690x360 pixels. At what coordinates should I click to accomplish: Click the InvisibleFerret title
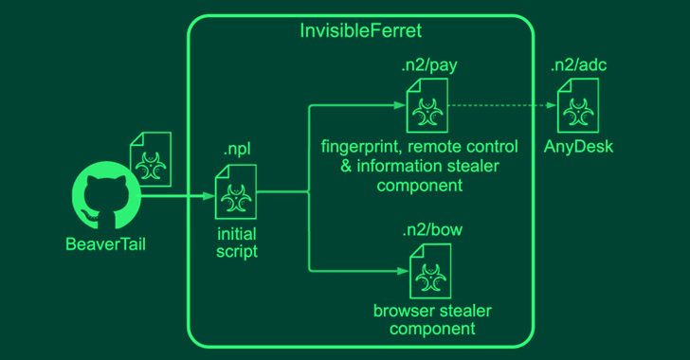360,31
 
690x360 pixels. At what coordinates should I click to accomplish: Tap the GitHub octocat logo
106,195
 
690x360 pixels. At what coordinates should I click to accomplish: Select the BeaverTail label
105,244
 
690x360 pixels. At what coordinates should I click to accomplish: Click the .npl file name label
237,150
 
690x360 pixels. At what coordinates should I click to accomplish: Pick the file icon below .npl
235,192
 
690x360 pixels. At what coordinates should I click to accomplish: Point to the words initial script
237,243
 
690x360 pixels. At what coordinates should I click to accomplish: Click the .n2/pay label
429,65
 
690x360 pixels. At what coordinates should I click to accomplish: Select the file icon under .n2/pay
427,105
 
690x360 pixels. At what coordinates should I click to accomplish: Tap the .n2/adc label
579,65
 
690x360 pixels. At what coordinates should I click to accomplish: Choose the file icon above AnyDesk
578,105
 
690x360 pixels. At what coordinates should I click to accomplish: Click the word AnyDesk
578,147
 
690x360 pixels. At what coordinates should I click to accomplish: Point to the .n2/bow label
432,229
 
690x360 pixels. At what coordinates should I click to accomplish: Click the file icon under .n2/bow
430,271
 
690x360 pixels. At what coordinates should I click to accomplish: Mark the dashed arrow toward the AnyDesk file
502,105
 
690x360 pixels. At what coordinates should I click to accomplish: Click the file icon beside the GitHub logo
151,159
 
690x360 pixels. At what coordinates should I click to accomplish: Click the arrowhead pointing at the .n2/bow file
404,271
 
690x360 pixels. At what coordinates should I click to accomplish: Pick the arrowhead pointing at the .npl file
209,195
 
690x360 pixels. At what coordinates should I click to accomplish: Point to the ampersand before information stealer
346,167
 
